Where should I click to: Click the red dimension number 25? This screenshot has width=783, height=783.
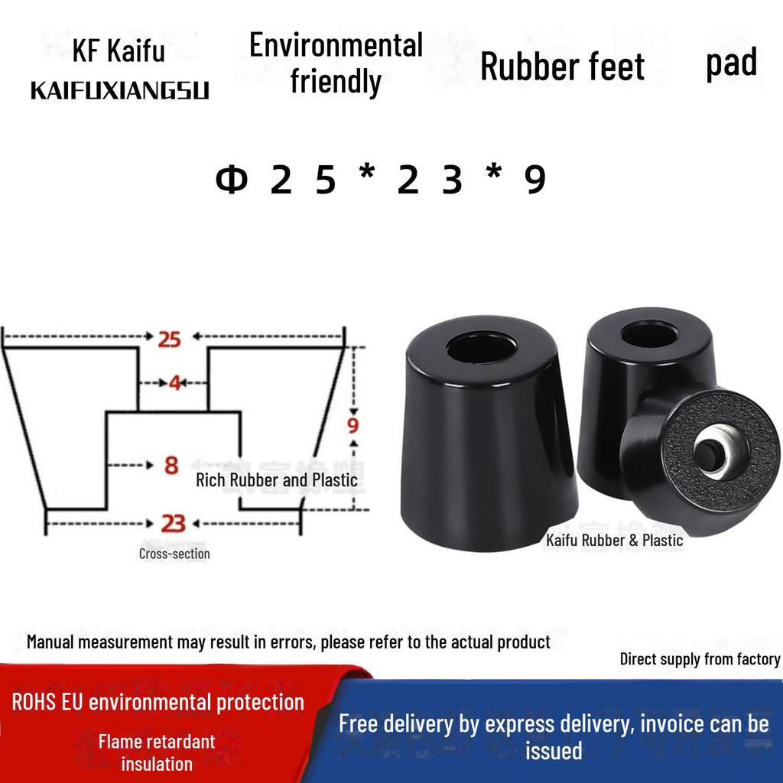click(169, 339)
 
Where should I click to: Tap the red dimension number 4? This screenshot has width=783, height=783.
click(174, 383)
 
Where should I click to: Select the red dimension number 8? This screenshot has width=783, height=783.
click(171, 466)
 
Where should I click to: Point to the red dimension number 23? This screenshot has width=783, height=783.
click(174, 524)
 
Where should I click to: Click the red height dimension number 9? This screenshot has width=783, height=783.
click(353, 425)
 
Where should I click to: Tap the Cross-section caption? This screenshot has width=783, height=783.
click(174, 554)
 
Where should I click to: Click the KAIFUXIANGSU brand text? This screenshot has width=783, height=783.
click(120, 91)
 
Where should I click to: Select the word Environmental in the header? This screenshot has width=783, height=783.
click(336, 45)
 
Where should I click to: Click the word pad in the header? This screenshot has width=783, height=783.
click(732, 63)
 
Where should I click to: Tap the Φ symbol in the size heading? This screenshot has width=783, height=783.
click(231, 180)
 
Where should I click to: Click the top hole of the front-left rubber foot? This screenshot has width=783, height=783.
click(482, 346)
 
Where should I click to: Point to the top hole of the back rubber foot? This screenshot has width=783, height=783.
click(648, 335)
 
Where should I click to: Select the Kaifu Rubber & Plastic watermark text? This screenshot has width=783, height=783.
click(614, 541)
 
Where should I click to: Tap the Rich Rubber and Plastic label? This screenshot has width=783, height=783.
click(277, 480)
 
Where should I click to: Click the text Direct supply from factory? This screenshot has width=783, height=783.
click(700, 659)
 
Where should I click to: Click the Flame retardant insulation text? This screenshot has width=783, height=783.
click(157, 752)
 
